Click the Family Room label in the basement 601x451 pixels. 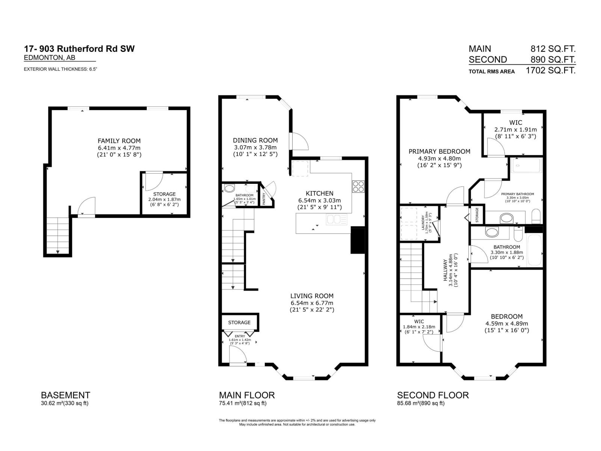click(x=119, y=141)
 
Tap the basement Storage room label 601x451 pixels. click(x=164, y=194)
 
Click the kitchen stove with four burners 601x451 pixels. click(x=358, y=186)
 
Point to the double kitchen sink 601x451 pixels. click(x=337, y=219)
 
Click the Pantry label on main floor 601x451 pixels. click(x=264, y=198)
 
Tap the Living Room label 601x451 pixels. click(x=312, y=296)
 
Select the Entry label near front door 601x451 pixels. click(x=240, y=336)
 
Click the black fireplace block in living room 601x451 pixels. click(x=358, y=240)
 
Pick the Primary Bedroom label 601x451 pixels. click(x=439, y=151)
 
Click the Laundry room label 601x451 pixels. click(x=423, y=222)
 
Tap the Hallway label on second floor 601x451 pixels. click(x=445, y=270)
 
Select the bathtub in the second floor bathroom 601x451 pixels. click(x=534, y=250)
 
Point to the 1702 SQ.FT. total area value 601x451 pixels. click(x=550, y=70)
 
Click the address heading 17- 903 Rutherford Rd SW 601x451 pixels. click(x=79, y=48)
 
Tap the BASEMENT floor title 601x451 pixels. click(x=65, y=395)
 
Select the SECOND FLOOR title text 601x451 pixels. click(x=433, y=395)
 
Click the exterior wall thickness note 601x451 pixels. click(x=60, y=69)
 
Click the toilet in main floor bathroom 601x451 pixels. click(x=228, y=188)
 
